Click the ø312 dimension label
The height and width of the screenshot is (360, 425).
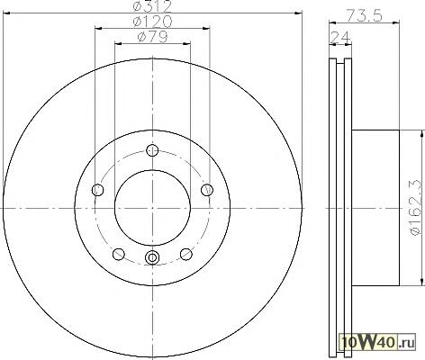[152, 6]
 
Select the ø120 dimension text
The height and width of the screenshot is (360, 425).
[152, 21]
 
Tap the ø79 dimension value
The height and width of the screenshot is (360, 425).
[152, 37]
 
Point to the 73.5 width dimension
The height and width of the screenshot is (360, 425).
[365, 15]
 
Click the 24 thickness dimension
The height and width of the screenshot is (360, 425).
[340, 38]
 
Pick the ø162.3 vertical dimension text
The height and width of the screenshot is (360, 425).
[417, 208]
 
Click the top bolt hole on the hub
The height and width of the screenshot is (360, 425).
[153, 150]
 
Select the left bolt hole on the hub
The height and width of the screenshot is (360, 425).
[97, 190]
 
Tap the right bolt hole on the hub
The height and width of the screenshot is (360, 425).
[207, 190]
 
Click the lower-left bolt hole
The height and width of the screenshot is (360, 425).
[119, 254]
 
